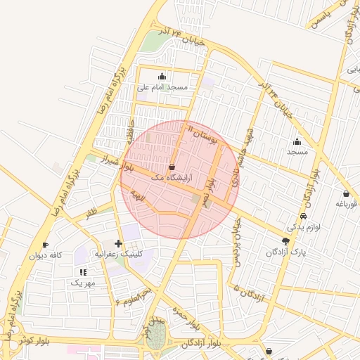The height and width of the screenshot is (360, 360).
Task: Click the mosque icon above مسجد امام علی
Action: [x=163, y=77]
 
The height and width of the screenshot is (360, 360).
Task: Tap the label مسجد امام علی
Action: [x=162, y=87]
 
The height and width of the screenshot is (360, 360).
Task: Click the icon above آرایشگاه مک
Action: [x=172, y=167]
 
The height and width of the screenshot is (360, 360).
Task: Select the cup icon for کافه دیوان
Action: [x=46, y=245]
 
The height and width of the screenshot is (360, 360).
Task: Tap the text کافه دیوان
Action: [x=46, y=255]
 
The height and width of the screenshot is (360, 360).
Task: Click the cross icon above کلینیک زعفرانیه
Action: [x=118, y=243]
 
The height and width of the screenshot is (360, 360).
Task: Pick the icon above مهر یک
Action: [x=83, y=271]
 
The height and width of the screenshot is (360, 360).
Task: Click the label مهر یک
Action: [x=83, y=282]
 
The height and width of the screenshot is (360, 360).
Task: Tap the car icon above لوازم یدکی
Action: [x=303, y=217]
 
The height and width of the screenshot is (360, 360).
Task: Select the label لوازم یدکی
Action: [x=303, y=227]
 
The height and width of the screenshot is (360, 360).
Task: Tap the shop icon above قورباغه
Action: [x=347, y=193]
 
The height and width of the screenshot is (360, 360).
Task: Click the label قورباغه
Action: [x=347, y=204]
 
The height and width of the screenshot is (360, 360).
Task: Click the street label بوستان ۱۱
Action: [x=204, y=134]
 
